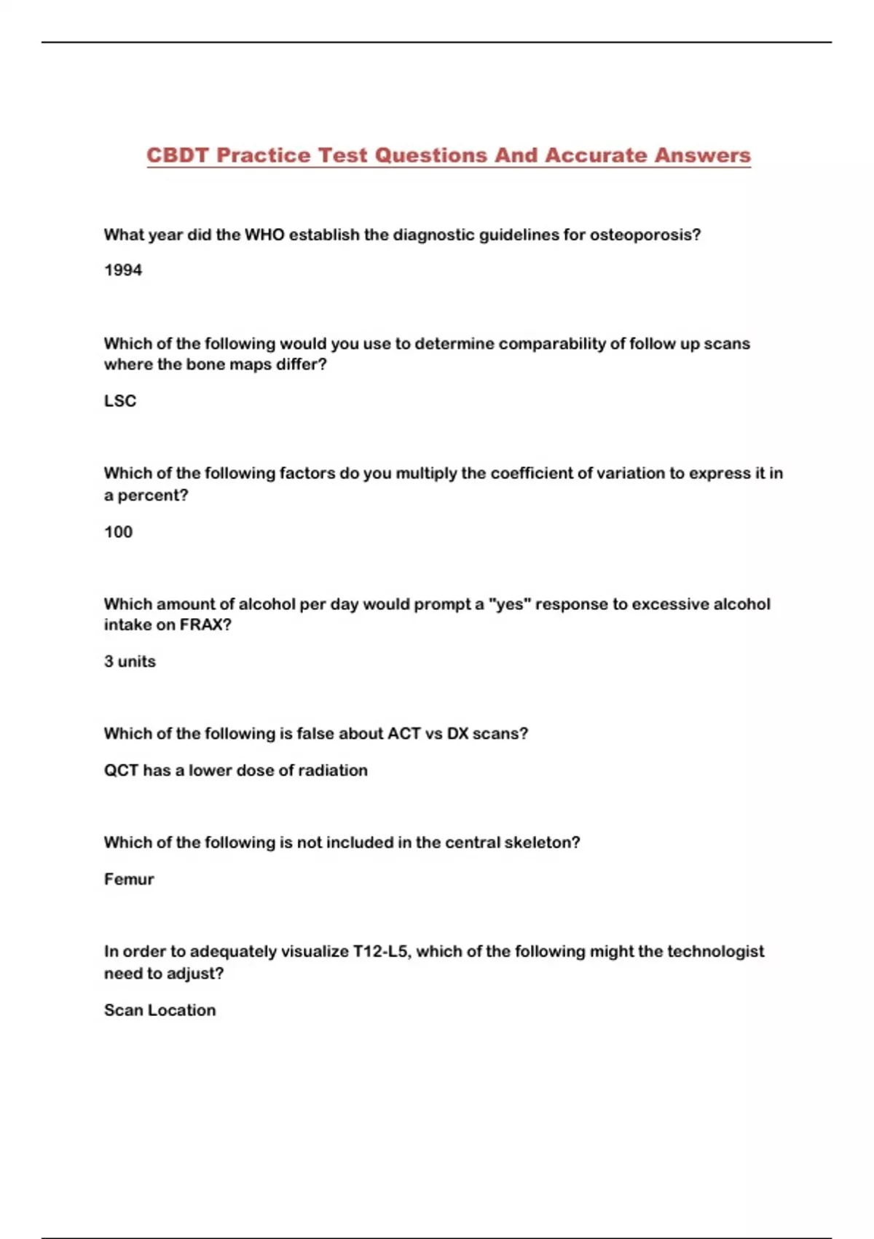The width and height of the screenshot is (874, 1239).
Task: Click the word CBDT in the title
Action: tap(177, 155)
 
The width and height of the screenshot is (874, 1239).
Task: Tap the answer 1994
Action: tap(123, 270)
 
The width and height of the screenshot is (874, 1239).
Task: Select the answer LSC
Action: tap(120, 401)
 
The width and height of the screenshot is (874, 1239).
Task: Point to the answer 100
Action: tap(118, 532)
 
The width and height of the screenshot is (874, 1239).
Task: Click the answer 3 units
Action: tap(130, 662)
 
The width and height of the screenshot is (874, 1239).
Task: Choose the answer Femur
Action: tap(129, 880)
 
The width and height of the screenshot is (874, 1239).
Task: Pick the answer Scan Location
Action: tap(160, 1011)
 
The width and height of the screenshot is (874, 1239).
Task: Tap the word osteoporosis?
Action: tap(645, 235)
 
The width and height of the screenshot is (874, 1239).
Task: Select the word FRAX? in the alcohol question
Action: tap(205, 625)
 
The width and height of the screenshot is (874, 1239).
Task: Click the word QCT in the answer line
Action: tap(121, 770)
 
